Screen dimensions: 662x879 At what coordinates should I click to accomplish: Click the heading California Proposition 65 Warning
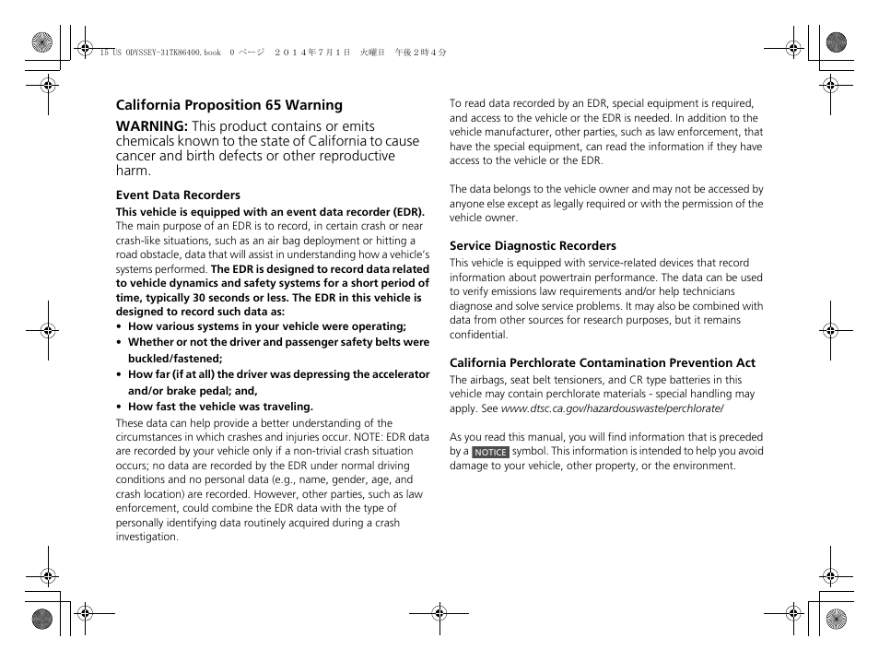coord(229,105)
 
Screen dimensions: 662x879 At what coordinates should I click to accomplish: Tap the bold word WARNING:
coord(151,126)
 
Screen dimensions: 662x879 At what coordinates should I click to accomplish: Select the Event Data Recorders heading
coord(178,195)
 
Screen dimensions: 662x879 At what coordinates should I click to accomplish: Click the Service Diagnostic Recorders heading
coord(533,245)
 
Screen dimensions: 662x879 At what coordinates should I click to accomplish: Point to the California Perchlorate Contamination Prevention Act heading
coord(602,362)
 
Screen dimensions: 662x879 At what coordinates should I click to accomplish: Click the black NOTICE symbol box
coord(490,452)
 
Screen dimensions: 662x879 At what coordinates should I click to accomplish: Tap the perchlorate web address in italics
coord(612,408)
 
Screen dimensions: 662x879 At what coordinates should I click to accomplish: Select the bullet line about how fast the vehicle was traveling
coord(220,407)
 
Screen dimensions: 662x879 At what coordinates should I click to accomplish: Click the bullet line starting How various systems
coord(266,326)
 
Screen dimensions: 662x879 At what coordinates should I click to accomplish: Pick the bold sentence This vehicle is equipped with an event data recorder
coord(269,211)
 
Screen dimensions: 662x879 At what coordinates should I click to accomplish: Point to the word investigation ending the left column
coord(146,537)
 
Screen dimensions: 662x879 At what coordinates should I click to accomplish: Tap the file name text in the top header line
coord(158,53)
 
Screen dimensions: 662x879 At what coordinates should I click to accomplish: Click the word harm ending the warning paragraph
coord(133,171)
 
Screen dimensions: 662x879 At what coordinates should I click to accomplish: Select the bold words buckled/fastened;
coord(175,359)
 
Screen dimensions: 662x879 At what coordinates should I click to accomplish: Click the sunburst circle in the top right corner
coord(836,41)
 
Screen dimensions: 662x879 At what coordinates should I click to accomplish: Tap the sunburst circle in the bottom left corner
coord(41,619)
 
